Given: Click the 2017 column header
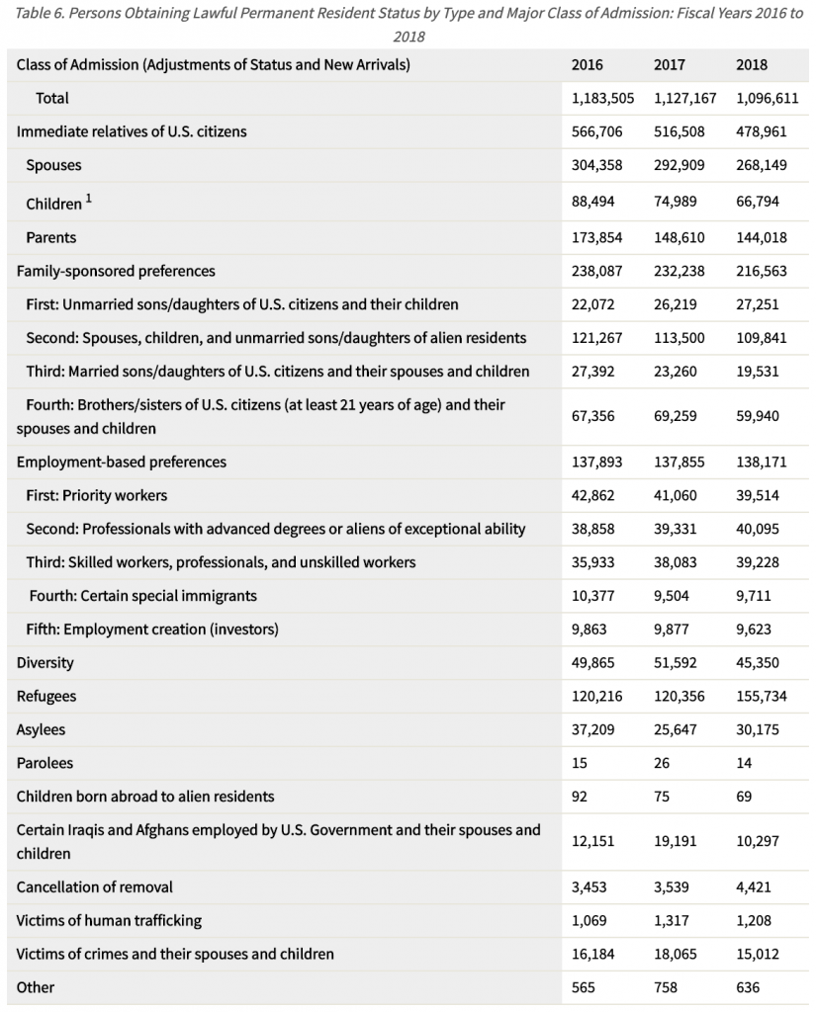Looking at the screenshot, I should pos(670,65).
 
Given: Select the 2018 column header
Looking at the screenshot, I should pos(752,65).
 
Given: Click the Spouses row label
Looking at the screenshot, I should pos(53,165).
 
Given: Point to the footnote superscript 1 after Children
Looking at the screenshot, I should pos(88,198).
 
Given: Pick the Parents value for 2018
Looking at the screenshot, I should pos(762,237).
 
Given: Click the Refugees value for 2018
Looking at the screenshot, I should pos(762,697).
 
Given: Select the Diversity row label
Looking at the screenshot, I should pos(45,663).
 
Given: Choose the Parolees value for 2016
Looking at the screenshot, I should pos(580,763).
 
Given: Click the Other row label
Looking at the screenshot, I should pos(36,987).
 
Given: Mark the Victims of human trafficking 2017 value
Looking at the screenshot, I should pos(672,921).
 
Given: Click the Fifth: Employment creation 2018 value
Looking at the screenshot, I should pos(757,630).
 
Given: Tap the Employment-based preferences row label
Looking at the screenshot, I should pos(122,462).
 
